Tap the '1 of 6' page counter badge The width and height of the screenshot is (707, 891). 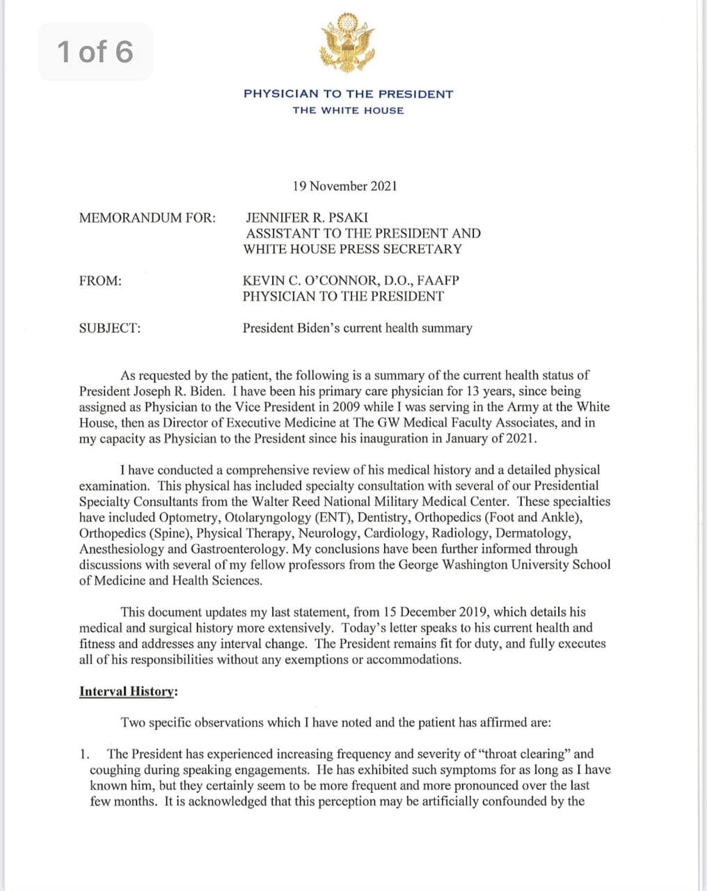pos(95,52)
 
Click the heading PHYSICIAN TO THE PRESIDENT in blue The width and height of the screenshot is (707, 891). pos(348,94)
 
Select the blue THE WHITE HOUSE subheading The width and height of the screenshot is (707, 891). pos(348,111)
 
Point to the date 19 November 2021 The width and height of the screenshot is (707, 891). pos(344,186)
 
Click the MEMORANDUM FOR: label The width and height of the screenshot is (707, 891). pos(148,218)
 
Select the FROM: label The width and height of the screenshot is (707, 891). pos(100,281)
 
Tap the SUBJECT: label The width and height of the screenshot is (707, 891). pos(110,328)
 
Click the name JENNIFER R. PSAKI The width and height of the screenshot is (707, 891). pos(307,218)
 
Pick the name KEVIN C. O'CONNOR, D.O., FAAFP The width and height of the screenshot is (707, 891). pos(351,281)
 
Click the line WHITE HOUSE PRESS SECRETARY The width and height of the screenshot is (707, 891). pos(352,249)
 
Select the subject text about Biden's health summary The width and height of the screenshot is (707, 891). pos(357,328)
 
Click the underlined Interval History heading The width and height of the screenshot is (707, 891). pos(128,691)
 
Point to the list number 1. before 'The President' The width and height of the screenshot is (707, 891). pos(84,754)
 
